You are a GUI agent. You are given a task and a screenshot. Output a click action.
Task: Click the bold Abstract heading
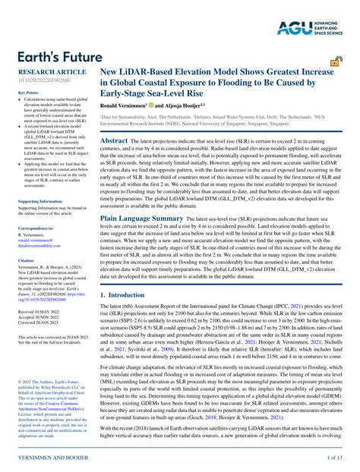coord(115,140)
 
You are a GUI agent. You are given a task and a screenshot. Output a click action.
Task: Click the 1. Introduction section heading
coord(128,294)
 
